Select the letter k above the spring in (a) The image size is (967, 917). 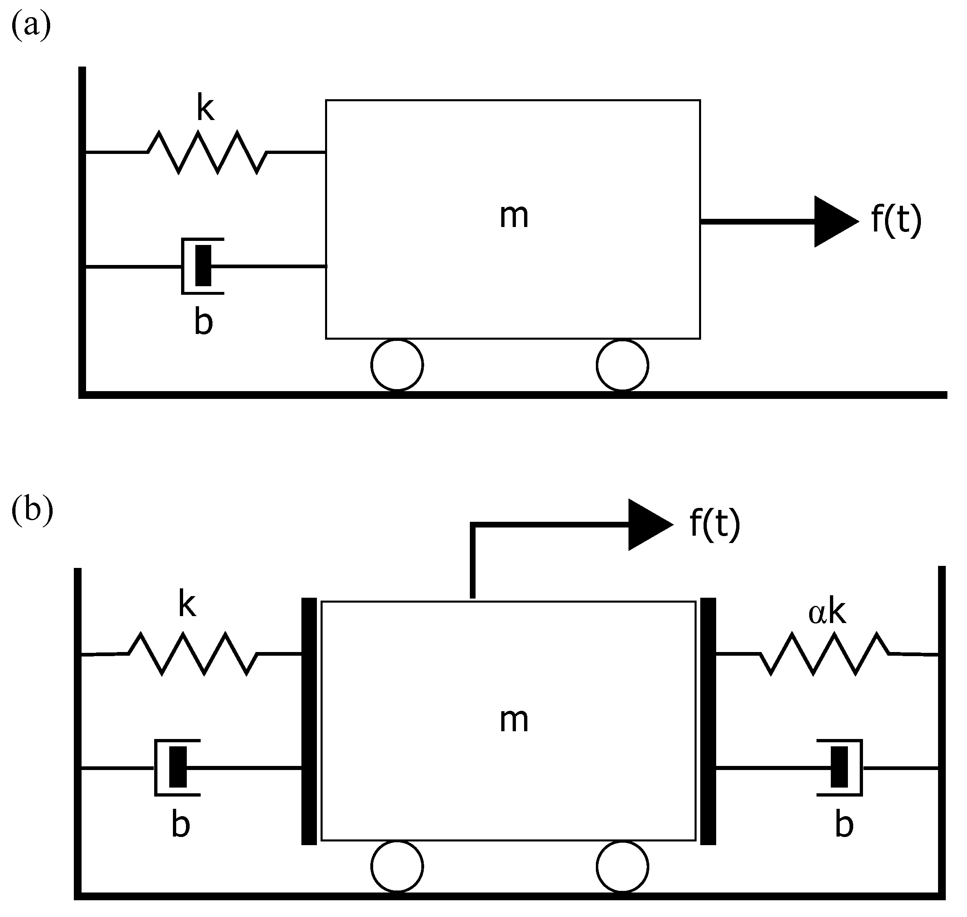[205, 109]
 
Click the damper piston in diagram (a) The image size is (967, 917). [203, 265]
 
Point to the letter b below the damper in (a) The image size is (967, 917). [203, 323]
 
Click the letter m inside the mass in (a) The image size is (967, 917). [514, 216]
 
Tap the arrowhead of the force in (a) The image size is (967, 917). [833, 221]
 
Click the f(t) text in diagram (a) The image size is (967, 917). [896, 220]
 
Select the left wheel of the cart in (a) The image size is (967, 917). [397, 365]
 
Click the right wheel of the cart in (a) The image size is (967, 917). [622, 365]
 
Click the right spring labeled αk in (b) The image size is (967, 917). [825, 654]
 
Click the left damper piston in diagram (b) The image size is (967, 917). [178, 767]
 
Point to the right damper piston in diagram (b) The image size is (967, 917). [839, 767]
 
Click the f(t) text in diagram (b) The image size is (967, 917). [715, 523]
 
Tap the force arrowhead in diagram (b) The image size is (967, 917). [647, 525]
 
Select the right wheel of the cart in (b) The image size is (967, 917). [622, 866]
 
